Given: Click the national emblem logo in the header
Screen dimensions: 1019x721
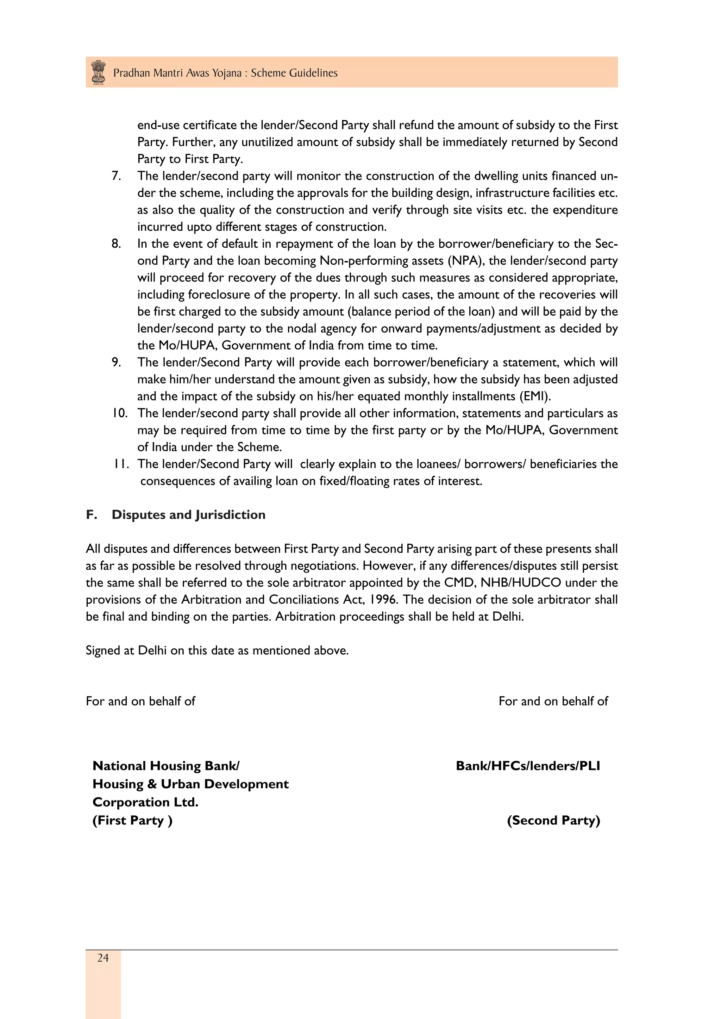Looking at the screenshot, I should pyautogui.click(x=98, y=72).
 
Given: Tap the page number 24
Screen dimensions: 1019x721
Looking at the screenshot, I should pyautogui.click(x=103, y=958).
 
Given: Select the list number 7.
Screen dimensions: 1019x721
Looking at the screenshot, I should pyautogui.click(x=116, y=176).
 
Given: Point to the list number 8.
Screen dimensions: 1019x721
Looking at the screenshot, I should pyautogui.click(x=116, y=243).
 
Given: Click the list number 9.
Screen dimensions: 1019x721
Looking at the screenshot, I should pyautogui.click(x=116, y=362).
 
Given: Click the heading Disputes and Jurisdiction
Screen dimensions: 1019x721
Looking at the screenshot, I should pyautogui.click(x=188, y=515).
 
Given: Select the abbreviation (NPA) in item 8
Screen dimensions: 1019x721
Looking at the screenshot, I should pyautogui.click(x=466, y=260).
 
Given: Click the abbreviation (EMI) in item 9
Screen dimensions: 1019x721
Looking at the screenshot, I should pyautogui.click(x=535, y=396).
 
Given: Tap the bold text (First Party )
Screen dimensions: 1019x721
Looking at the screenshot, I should pyautogui.click(x=132, y=820).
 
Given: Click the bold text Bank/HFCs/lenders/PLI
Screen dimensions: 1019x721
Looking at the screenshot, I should pyautogui.click(x=528, y=766).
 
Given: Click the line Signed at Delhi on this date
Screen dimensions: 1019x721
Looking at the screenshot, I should pyautogui.click(x=217, y=651).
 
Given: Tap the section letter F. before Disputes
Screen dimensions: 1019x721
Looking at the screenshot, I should pyautogui.click(x=92, y=515).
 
